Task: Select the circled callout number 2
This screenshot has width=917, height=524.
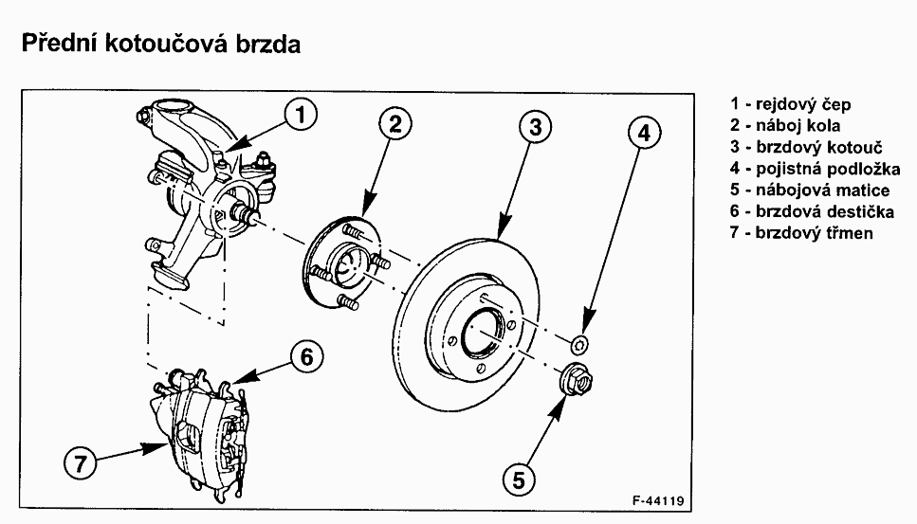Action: [x=396, y=122]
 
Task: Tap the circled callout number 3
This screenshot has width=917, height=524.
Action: [x=537, y=127]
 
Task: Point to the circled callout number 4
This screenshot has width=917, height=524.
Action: [x=644, y=134]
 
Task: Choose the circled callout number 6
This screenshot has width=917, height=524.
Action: [x=306, y=357]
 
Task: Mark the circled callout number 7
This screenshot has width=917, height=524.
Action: [x=80, y=464]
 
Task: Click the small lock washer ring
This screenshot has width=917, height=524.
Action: [x=581, y=341]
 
